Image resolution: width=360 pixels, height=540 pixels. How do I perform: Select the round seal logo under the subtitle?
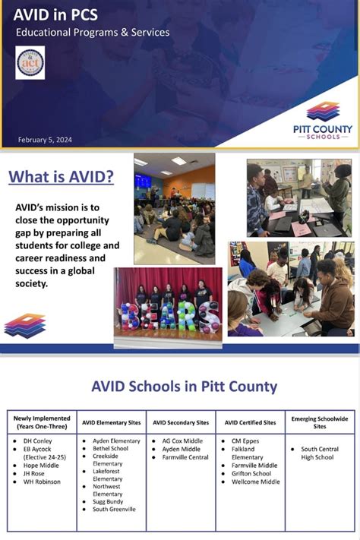[x=30, y=62]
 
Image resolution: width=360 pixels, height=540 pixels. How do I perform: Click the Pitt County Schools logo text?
[x=323, y=131]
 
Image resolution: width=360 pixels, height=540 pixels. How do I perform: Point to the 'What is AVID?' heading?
[x=61, y=177]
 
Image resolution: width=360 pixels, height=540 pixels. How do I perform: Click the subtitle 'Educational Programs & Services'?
[x=93, y=33]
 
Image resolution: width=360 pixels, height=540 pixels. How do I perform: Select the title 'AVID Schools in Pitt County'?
[x=184, y=385]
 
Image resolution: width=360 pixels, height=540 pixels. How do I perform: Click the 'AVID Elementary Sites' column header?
[x=111, y=422]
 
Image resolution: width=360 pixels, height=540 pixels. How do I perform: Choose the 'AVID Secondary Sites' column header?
[x=181, y=422]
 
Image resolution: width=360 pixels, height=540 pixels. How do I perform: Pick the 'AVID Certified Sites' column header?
[x=250, y=422]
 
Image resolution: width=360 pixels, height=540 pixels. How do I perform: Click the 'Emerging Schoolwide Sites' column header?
[x=319, y=422]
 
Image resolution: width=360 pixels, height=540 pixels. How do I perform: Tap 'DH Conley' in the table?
[x=38, y=441]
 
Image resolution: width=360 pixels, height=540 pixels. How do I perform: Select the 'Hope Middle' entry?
[x=42, y=466]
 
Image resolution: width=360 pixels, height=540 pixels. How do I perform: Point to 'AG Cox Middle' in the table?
[x=182, y=441]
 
